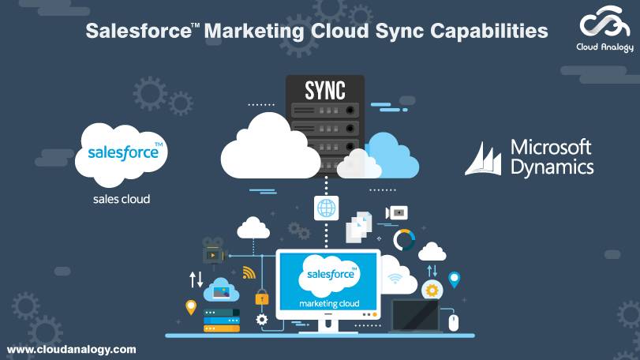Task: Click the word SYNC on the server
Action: pos(325,90)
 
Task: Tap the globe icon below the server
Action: pos(325,208)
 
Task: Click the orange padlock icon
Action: pos(261,298)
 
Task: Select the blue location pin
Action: pos(454,279)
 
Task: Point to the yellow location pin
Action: pos(190,307)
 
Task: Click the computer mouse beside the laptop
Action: pos(453,322)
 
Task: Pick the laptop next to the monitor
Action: pos(415,317)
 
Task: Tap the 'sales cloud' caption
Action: pos(122,199)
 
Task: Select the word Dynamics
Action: pos(552,167)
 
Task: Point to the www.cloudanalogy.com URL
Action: pos(71,349)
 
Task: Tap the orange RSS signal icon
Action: pos(249,273)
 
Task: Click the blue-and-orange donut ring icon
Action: pos(404,239)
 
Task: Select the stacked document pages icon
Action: pos(360,224)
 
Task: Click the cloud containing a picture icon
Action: pos(222,291)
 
